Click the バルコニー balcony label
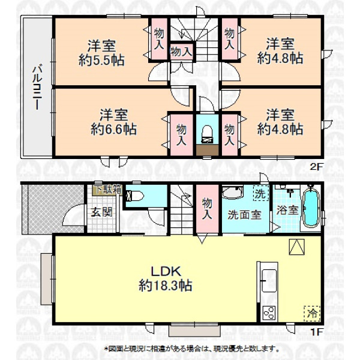(37, 88)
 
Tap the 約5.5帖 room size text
(101, 61)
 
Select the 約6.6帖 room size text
(113, 129)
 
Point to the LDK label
(166, 271)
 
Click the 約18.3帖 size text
(166, 286)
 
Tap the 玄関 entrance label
(101, 212)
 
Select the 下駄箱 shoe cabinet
(107, 190)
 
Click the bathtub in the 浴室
(311, 208)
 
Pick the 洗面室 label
(245, 215)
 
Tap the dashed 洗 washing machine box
(261, 193)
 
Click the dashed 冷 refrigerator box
(312, 314)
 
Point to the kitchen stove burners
(269, 313)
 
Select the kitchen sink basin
(269, 281)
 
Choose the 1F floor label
(316, 332)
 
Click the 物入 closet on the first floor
(207, 209)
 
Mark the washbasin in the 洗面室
(232, 193)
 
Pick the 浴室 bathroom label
(287, 211)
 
